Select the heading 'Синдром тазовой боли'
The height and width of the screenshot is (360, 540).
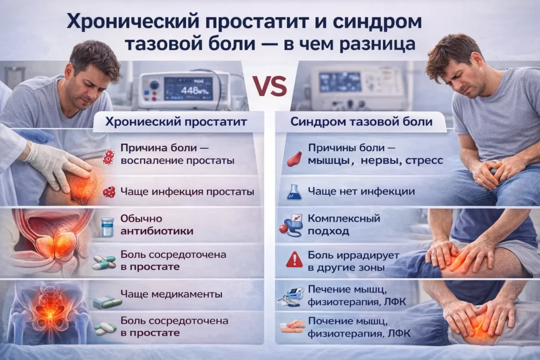[x=361, y=122]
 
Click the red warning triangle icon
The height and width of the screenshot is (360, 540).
[x=294, y=259]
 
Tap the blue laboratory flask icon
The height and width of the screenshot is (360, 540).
[x=294, y=192]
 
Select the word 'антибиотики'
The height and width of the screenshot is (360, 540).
[x=157, y=231]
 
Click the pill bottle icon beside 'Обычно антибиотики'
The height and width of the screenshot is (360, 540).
[x=107, y=226]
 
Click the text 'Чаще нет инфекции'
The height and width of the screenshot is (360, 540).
[x=361, y=191]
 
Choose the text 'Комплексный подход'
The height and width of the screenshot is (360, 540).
[x=343, y=225]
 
